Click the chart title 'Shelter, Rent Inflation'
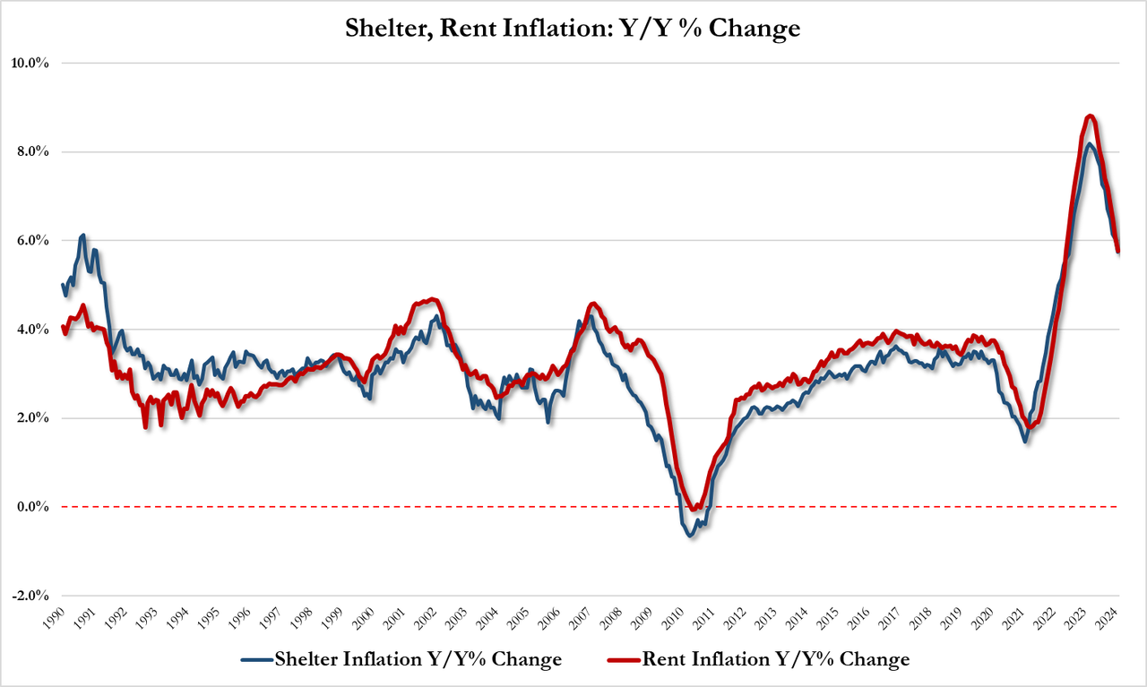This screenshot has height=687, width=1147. (x=573, y=29)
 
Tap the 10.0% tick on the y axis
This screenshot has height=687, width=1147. (x=30, y=64)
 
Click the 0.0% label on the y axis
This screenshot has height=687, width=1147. (x=31, y=508)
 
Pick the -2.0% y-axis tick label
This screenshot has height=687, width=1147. (x=30, y=597)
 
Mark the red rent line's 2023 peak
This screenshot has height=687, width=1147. (x=1089, y=116)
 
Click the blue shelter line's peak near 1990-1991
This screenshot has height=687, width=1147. (x=83, y=236)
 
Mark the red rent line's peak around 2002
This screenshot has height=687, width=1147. (x=433, y=299)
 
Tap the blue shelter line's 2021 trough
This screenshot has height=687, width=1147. (x=1025, y=441)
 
